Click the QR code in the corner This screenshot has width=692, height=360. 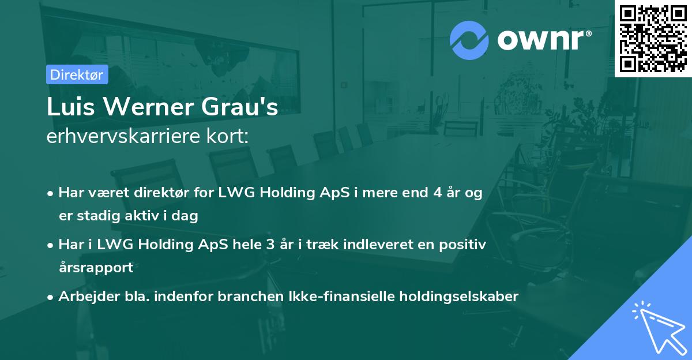pyautogui.click(x=653, y=39)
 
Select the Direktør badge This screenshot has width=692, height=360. pyautogui.click(x=77, y=74)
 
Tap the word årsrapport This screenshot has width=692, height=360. pyautogui.click(x=96, y=268)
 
